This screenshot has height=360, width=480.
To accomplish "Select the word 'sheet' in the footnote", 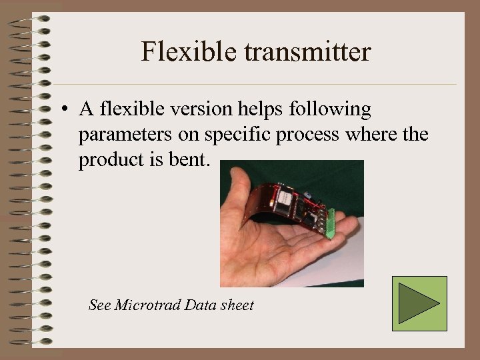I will click(237, 305).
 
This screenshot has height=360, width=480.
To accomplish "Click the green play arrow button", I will click(419, 303).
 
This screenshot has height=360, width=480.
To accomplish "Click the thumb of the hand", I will click(235, 187).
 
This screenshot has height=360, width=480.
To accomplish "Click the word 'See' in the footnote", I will click(99, 305).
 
